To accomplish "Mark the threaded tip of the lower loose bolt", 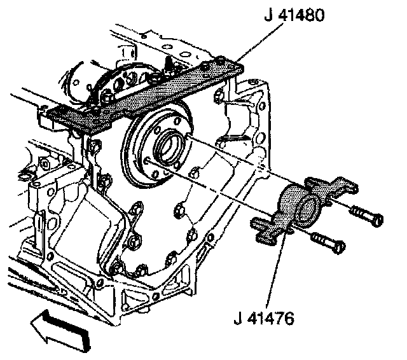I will point(314,237).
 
